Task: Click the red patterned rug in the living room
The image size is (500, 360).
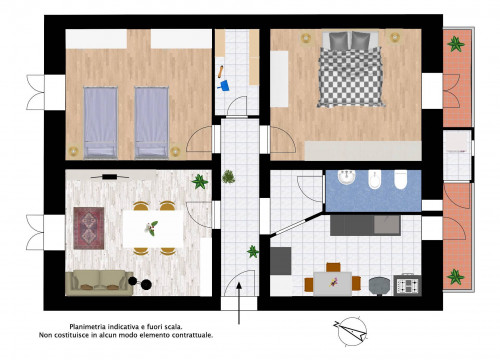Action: coord(89,228)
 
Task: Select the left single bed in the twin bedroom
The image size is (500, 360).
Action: coord(100,123)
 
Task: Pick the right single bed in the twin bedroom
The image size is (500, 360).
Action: coord(151,123)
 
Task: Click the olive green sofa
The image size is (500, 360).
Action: coord(99,283)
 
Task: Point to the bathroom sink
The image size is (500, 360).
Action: coord(347,177)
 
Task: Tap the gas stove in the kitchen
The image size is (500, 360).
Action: coord(407,285)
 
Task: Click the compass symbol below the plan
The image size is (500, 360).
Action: coord(351,331)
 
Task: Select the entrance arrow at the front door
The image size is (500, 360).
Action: coord(239,303)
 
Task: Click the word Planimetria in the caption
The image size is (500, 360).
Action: coord(86,327)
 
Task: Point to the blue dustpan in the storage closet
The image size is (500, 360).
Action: coord(224,86)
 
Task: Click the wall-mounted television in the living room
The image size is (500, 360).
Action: coord(110,176)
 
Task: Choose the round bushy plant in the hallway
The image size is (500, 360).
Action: coord(229,177)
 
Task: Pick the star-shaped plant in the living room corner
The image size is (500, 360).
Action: coord(200,181)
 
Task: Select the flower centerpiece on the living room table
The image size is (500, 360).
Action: coord(151,228)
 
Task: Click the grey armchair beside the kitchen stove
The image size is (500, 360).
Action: coord(379,286)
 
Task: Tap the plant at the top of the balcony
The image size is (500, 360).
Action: coord(456,44)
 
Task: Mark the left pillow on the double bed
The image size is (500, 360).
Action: coord(339,41)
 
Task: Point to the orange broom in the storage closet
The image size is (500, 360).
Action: coord(221,72)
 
